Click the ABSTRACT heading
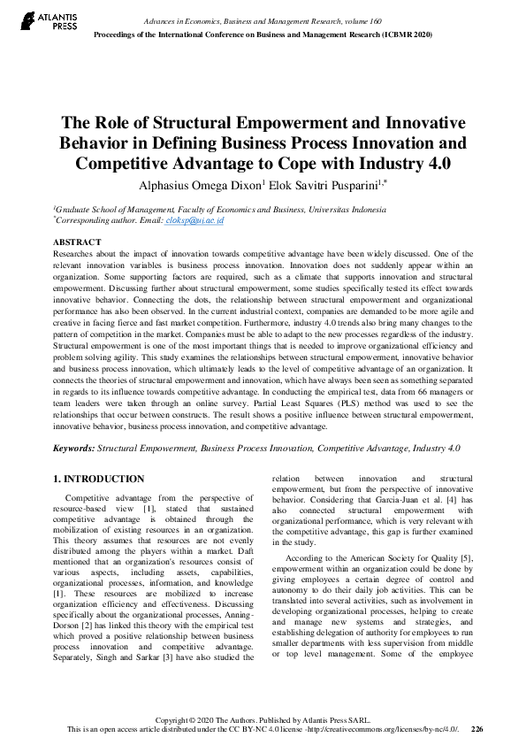(x=78, y=242)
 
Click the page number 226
(x=476, y=729)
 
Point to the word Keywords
(x=73, y=449)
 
